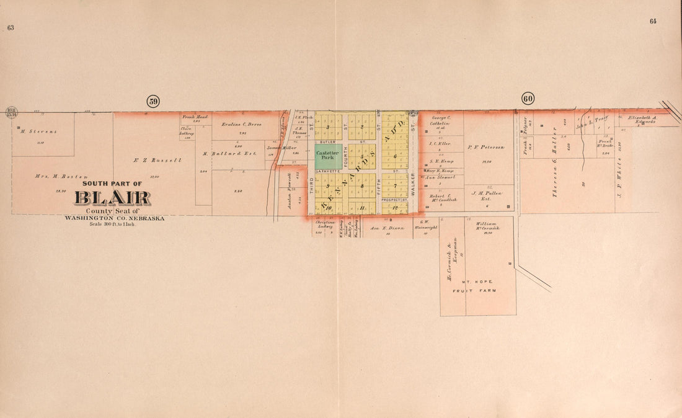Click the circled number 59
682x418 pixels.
[153, 101]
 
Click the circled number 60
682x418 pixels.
[528, 98]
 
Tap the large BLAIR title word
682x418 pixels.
[112, 198]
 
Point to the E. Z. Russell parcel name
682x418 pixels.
[157, 160]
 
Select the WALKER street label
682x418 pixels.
[412, 185]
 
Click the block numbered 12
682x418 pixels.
[394, 208]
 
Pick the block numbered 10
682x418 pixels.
[321, 208]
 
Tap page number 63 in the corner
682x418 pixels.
[10, 27]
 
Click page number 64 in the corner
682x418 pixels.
[653, 21]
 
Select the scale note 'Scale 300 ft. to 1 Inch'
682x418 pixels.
[112, 224]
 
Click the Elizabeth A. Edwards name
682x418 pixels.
[646, 119]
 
